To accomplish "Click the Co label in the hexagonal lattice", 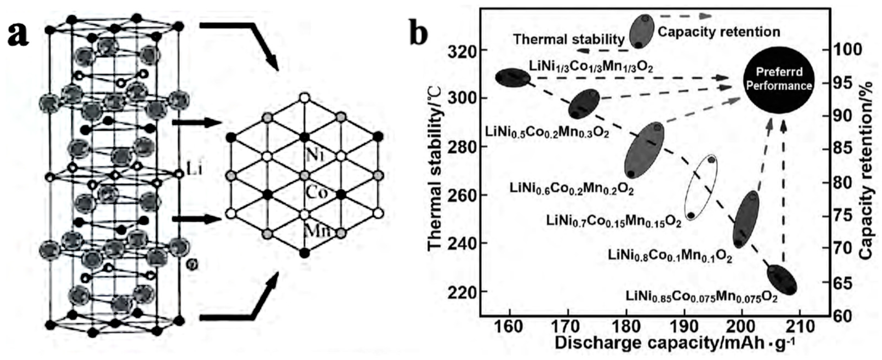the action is pos(316,193).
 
